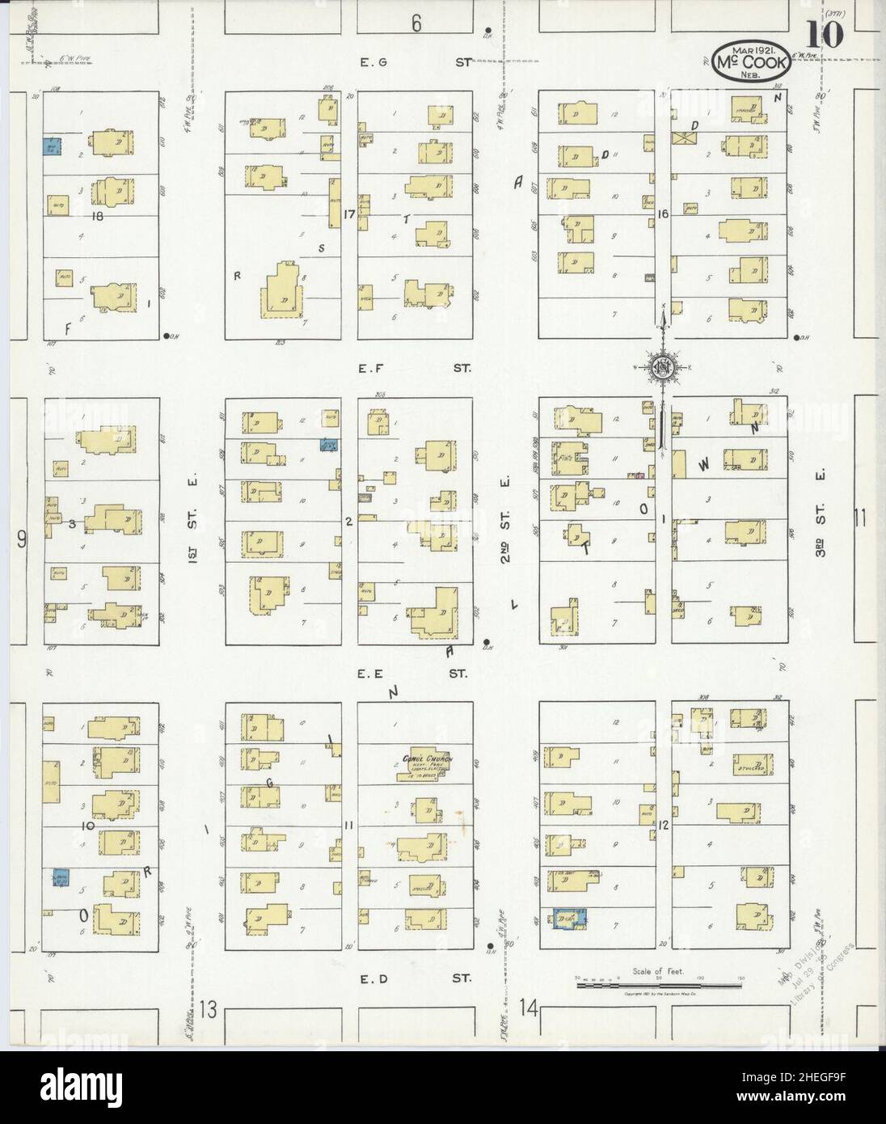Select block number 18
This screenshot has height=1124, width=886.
[x=99, y=217]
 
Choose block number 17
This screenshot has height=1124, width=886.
[x=349, y=214]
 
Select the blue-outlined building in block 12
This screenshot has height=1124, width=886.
[x=569, y=918]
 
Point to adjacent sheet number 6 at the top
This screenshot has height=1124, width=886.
[x=416, y=23]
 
